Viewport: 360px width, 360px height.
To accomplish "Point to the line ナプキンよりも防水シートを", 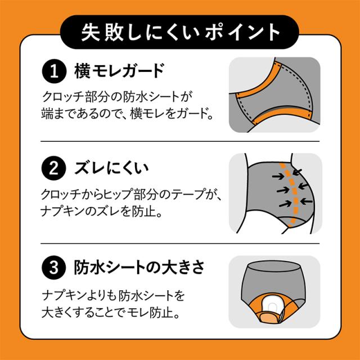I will tap(113, 294).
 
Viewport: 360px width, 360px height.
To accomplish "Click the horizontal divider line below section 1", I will tap(179, 141).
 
